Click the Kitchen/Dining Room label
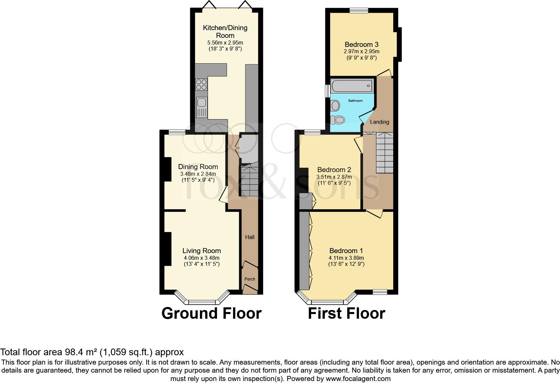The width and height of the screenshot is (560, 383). pyautogui.click(x=225, y=31)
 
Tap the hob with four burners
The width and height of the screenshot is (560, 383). pyautogui.click(x=201, y=84)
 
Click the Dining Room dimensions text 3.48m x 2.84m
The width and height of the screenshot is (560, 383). pyautogui.click(x=198, y=174)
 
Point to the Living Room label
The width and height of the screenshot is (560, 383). pyautogui.click(x=202, y=251)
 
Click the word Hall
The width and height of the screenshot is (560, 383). pyautogui.click(x=250, y=237)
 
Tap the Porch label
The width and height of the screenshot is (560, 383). pyautogui.click(x=250, y=279)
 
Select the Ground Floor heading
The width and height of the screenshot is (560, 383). pyautogui.click(x=211, y=314)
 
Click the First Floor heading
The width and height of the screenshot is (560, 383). pyautogui.click(x=346, y=314)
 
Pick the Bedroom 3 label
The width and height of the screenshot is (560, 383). pyautogui.click(x=362, y=45)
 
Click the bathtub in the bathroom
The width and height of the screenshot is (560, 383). pyautogui.click(x=352, y=86)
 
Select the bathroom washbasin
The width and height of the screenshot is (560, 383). pyautogui.click(x=335, y=106)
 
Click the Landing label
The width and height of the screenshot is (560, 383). pyautogui.click(x=379, y=122)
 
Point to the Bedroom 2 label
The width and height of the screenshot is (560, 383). pyautogui.click(x=334, y=170)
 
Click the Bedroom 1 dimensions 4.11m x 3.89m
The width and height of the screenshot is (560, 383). pyautogui.click(x=346, y=258)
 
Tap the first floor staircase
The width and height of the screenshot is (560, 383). pyautogui.click(x=384, y=152)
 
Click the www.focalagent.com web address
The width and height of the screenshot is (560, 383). pyautogui.click(x=358, y=379)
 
